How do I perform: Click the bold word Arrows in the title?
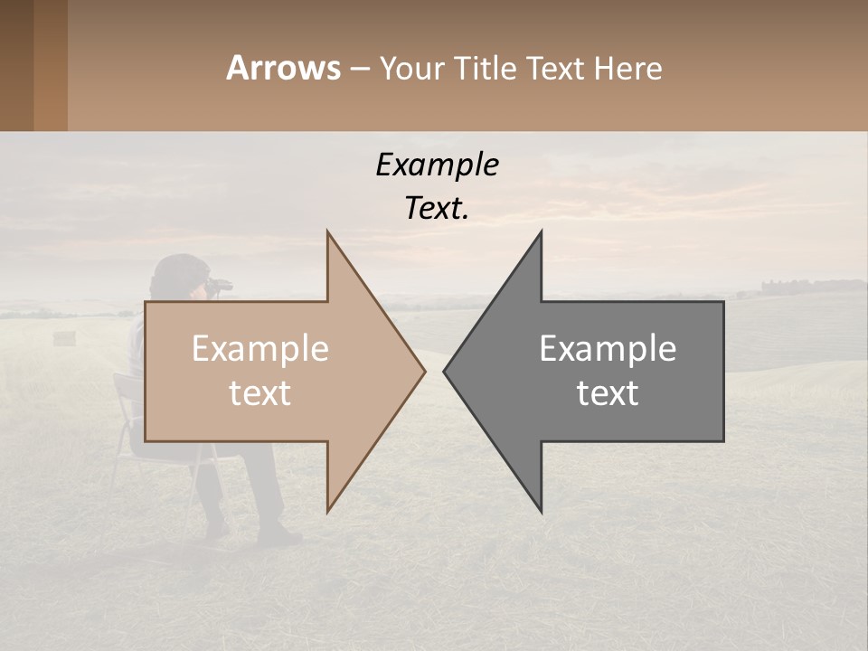283,68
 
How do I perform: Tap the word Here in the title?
628,68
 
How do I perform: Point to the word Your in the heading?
411,69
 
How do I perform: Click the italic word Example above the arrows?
437,165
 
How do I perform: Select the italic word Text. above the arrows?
437,209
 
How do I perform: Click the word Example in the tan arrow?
260,349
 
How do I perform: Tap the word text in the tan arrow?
260,393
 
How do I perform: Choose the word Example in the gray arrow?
608,349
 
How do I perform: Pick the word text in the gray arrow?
608,393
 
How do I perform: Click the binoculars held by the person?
219,286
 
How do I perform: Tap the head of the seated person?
178,275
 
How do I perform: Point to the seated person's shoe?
282,535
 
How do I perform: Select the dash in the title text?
359,70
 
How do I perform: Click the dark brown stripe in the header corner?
16,65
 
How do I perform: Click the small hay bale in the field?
63,337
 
